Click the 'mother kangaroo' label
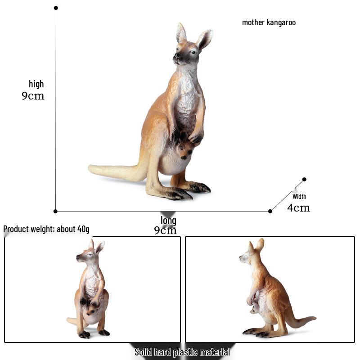tap(269, 22)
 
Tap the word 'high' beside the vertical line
tap(36, 84)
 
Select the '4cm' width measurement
tap(298, 208)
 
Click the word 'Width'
tap(299, 197)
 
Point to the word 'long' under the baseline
tap(168, 220)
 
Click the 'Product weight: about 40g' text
tap(46, 229)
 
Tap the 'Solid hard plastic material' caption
tap(182, 352)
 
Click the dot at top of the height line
tap(56, 8)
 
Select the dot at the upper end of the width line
tap(304, 179)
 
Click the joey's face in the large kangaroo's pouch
tap(185, 151)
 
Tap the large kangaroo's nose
tap(176, 55)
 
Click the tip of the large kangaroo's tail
tap(90, 168)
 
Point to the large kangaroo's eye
tap(194, 52)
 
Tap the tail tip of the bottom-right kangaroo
tap(315, 318)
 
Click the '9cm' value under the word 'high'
tap(33, 96)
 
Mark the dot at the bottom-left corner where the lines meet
tap(55, 211)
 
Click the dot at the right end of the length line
tap(270, 211)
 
